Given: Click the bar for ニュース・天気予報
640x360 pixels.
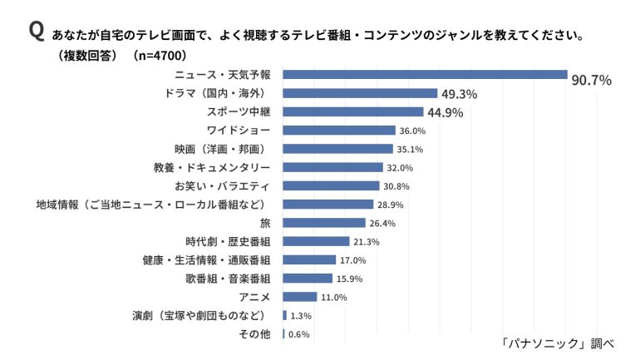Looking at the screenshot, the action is coord(425,75).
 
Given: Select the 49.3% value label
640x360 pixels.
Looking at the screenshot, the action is coord(459,94).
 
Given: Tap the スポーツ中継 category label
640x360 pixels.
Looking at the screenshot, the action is coord(239,112).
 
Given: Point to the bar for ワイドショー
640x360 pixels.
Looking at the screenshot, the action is coord(339,131).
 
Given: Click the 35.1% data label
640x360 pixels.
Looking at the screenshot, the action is coord(410,150).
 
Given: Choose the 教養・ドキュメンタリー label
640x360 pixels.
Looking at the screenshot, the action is coord(212,167).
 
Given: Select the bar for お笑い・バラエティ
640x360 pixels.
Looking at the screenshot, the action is coord(331,185).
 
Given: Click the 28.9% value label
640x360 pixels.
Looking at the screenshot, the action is coord(390,205).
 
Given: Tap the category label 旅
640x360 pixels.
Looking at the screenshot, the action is coord(265,224).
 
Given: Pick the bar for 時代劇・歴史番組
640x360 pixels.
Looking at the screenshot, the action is coord(316,241).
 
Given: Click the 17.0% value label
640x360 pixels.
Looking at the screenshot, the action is coord(353,260).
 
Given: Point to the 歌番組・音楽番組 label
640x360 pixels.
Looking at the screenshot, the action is coord(228,279).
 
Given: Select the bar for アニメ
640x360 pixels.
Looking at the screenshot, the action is coord(299,297).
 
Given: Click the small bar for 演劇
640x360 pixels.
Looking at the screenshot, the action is coord(284,315).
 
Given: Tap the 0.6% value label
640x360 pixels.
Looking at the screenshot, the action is coord(298,335).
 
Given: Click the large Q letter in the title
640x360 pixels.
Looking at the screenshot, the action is coord(37,31).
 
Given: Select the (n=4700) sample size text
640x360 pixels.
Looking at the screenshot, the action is coord(160,56).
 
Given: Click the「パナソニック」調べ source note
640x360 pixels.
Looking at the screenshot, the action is coord(558,343).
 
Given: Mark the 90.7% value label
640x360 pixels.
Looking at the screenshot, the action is coord(592,81).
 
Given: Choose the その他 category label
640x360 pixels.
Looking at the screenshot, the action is coord(254,334).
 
